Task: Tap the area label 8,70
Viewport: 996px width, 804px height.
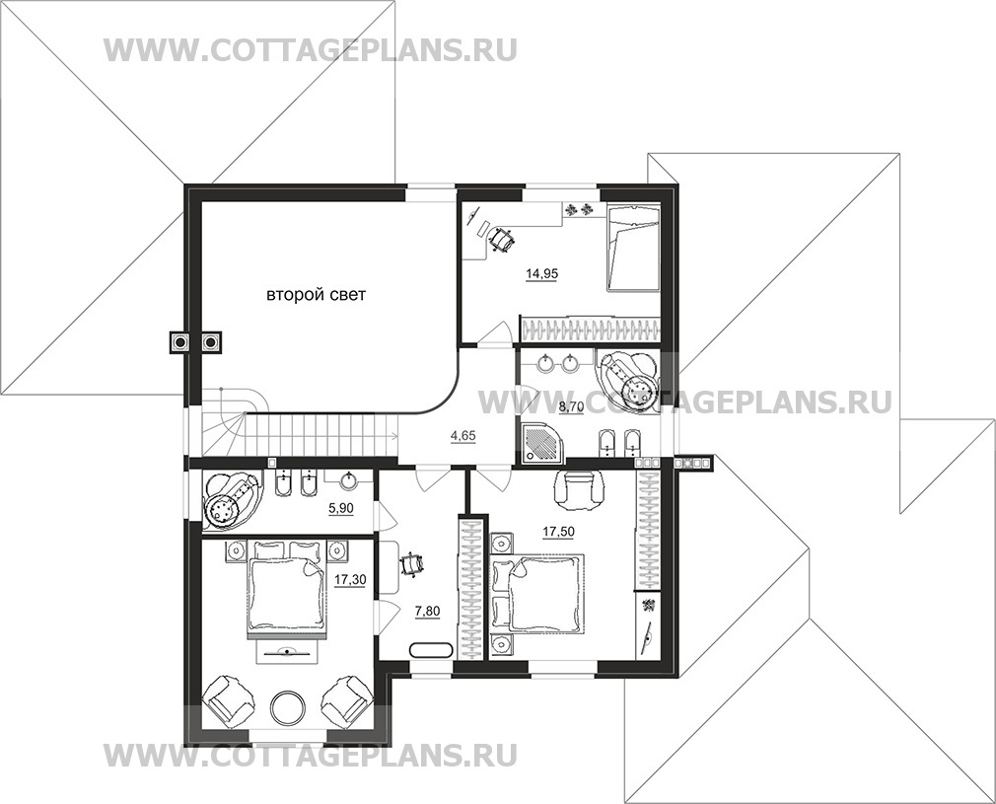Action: point(571,407)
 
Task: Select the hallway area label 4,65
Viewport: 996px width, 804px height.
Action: point(463,436)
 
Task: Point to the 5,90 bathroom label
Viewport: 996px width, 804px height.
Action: point(341,508)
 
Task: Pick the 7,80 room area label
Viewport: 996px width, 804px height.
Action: point(428,612)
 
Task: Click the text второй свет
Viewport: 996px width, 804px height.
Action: point(316,295)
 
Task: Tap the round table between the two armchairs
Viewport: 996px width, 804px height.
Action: point(289,707)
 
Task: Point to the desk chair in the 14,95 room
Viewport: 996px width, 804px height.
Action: point(502,240)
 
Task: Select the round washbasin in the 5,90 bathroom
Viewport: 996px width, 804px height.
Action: point(349,481)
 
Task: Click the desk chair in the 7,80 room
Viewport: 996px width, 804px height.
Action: point(411,564)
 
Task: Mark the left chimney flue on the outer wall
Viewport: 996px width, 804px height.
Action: point(180,343)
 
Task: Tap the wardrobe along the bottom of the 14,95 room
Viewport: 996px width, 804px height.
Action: point(590,328)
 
